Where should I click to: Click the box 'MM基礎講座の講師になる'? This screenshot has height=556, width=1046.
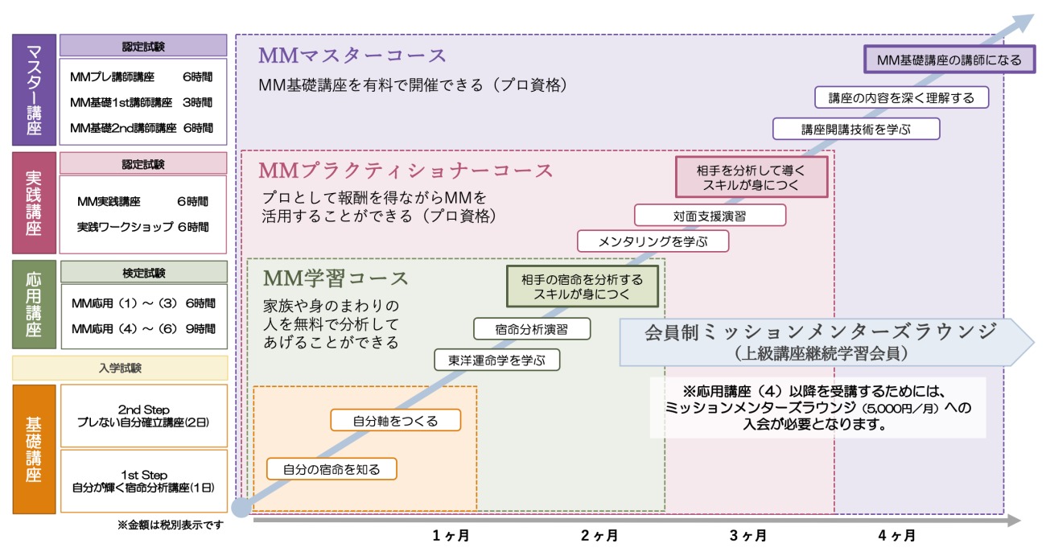coord(949,60)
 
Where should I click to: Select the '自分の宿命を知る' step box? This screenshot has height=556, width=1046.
coord(332,469)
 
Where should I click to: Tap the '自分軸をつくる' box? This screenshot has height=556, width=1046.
coord(396,420)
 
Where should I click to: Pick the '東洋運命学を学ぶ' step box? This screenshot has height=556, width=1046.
coord(497,360)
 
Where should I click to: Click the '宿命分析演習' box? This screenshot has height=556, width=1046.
coord(532,329)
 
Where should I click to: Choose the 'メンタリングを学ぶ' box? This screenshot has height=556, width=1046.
coord(653,241)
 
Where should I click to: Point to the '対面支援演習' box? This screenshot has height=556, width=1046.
coord(710,215)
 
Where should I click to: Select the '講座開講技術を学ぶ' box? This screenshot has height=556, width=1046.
coord(856,129)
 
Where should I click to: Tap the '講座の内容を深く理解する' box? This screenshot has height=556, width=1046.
coord(901,97)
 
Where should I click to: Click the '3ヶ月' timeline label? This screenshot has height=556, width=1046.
coord(748,535)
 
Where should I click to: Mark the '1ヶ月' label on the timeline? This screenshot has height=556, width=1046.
coord(451,535)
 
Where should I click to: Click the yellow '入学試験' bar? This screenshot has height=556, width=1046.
coord(120,368)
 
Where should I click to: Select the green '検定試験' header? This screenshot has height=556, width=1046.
coord(144,272)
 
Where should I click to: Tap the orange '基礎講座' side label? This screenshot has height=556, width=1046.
coord(34,449)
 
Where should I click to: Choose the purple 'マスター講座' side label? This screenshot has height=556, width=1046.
coord(34,89)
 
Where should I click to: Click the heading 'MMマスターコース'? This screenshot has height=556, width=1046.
coord(352,56)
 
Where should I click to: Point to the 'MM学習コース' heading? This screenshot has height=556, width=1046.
coord(336,278)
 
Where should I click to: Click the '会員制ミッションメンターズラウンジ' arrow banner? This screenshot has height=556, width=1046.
coord(826,342)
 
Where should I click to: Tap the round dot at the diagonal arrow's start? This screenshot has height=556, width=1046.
coord(241,508)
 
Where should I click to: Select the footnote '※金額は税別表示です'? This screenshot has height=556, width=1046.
coord(171,525)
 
